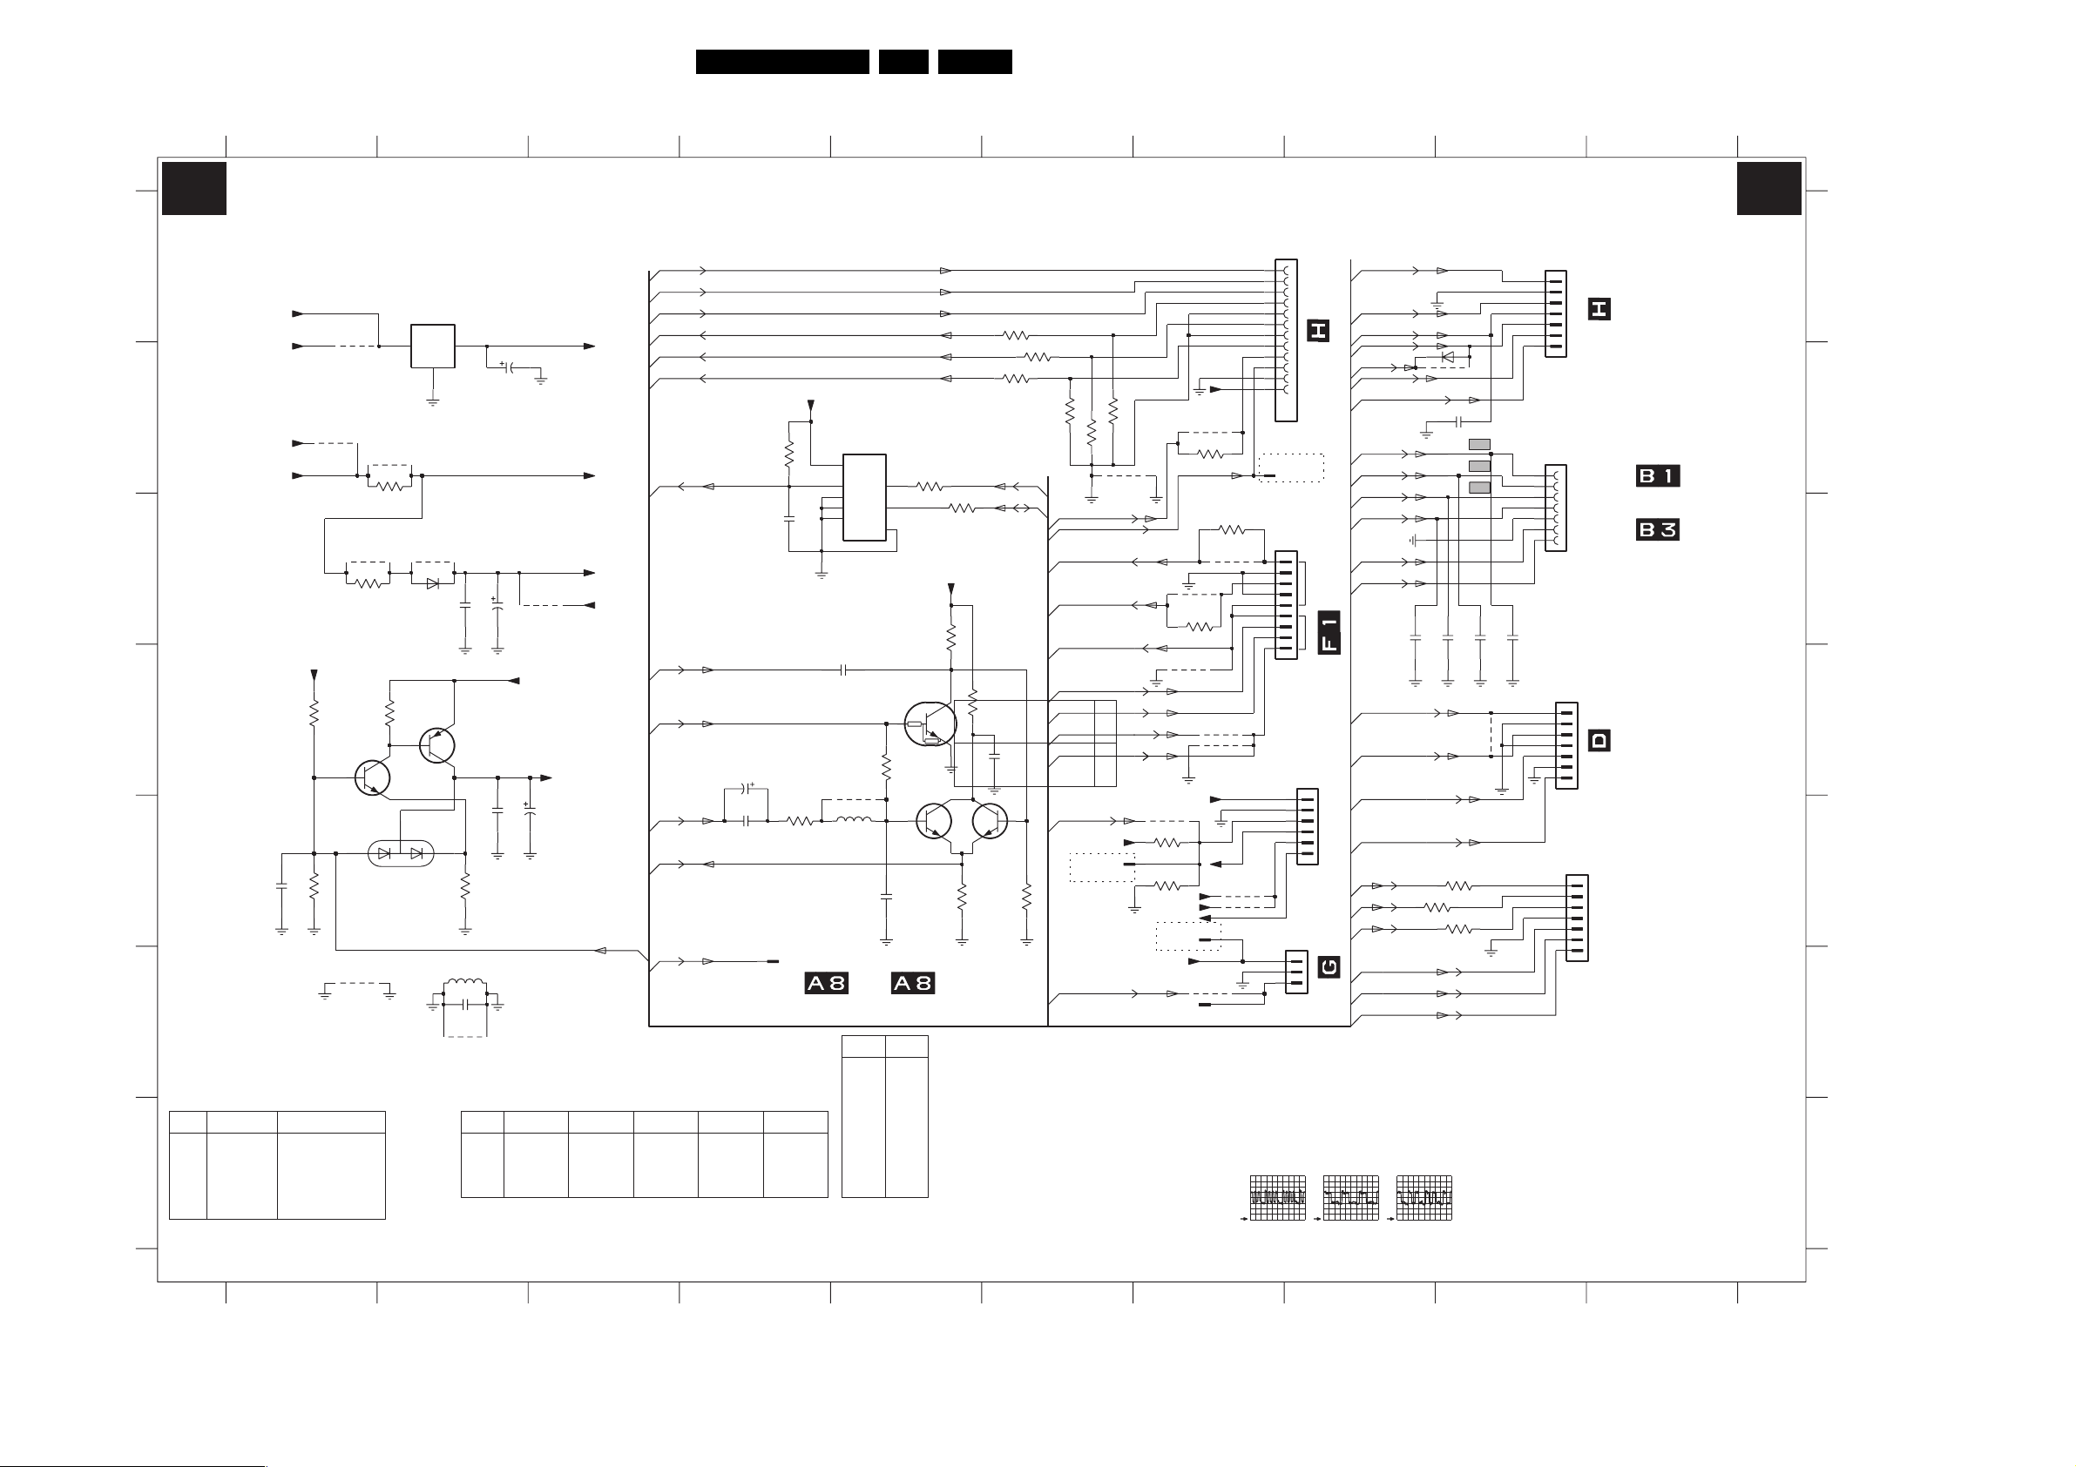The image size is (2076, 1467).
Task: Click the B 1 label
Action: [x=1657, y=475]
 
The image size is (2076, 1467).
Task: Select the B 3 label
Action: [x=1657, y=528]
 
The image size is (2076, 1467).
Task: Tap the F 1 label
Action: [x=1329, y=632]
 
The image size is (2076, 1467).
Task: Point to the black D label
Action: [x=1599, y=740]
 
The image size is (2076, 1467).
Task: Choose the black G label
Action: [x=1329, y=967]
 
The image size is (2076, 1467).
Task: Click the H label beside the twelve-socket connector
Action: [x=1317, y=331]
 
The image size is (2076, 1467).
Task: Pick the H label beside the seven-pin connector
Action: [x=1599, y=309]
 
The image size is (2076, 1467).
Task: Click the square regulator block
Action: [x=432, y=347]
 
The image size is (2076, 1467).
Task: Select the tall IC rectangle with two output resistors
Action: [x=864, y=497]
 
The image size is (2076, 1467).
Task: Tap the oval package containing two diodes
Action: [x=401, y=853]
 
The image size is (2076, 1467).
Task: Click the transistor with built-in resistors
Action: [x=930, y=725]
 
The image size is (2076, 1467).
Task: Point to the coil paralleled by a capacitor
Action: [x=464, y=986]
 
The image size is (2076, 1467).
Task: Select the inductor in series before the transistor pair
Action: [x=854, y=820]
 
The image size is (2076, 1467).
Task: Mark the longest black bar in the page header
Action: [x=782, y=62]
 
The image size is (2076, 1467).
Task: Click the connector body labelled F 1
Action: [x=1286, y=605]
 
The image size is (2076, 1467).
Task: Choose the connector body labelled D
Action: [x=1567, y=746]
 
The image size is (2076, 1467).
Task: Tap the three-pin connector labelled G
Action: [x=1296, y=972]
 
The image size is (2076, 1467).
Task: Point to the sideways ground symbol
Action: [x=1411, y=541]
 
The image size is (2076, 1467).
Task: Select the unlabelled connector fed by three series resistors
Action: [x=1577, y=918]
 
